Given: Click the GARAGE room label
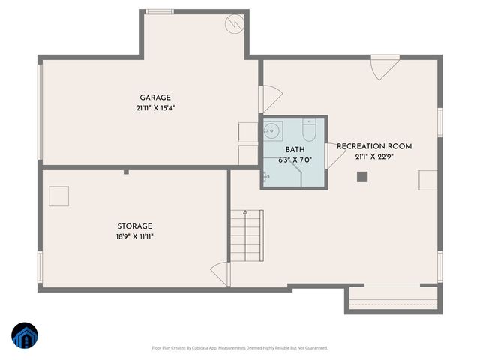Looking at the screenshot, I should [x=155, y=97].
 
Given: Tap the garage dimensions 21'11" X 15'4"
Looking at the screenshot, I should [x=155, y=108].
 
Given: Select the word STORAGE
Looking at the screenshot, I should [x=135, y=226].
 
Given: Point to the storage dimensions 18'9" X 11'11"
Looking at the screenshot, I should [x=135, y=236].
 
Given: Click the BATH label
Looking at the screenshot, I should [x=295, y=150].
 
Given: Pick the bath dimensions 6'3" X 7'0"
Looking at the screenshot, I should [x=295, y=160].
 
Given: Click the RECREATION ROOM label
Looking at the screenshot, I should [x=374, y=146].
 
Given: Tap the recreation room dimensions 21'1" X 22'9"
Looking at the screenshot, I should [x=374, y=157].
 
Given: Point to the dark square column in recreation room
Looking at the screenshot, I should [x=362, y=177].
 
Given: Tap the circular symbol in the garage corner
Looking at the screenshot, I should [x=235, y=23].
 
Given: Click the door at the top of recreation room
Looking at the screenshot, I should [x=385, y=68].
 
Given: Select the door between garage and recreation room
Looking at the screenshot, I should [x=270, y=98].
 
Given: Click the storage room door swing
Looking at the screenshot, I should [x=219, y=273].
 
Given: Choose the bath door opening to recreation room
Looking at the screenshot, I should [x=335, y=155].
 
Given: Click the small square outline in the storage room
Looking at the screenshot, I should [x=59, y=196].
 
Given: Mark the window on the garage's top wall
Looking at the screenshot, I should [x=159, y=11].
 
